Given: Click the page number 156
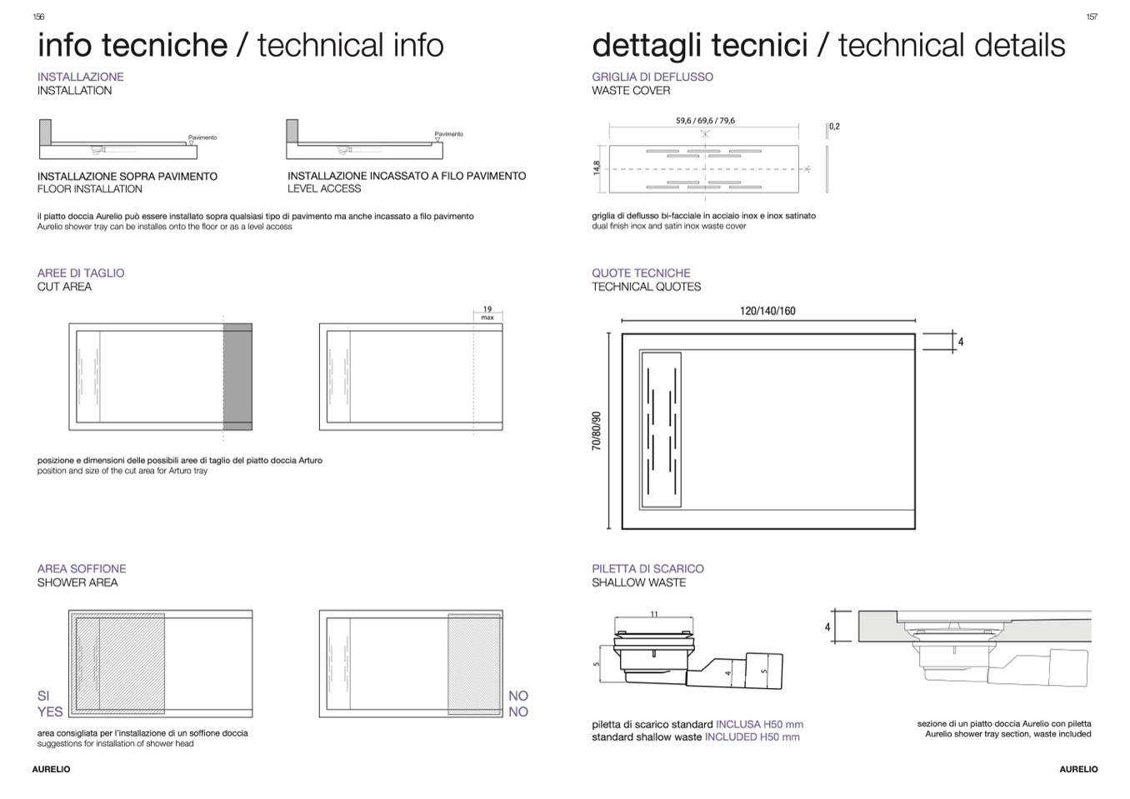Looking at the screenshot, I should [38, 17].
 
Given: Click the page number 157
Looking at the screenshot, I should [1092, 17].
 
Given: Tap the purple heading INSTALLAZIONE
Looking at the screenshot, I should [81, 77].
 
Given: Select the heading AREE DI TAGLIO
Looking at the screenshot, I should [81, 272].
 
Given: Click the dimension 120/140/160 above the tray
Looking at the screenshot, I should [767, 311].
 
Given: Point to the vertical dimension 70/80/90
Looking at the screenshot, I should [597, 431].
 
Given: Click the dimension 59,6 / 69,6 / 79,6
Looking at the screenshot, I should [705, 121].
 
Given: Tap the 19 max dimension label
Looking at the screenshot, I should [487, 312].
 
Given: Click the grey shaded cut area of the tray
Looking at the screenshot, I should [237, 377].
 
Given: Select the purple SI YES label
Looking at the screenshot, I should [49, 703].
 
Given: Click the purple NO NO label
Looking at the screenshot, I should [518, 703].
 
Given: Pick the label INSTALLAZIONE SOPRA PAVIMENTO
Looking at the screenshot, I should [127, 177].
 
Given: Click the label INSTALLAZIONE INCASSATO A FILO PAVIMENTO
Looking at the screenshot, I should [407, 176].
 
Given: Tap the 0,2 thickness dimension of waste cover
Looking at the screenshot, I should [834, 127].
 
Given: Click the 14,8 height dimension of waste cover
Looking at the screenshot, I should [597, 168].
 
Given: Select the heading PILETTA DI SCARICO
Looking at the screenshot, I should [647, 568].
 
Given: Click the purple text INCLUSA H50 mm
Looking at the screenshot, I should [759, 724].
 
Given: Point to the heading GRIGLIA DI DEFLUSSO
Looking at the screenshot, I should [652, 77].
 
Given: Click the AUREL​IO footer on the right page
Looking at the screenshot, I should [1078, 769].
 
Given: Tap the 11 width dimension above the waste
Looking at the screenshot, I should [654, 615].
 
